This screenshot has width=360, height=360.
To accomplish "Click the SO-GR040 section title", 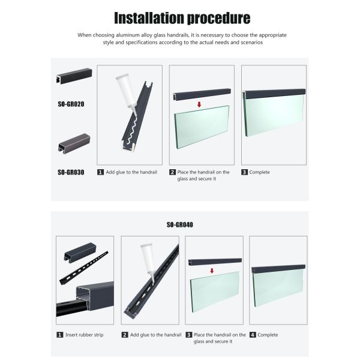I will click(180, 225).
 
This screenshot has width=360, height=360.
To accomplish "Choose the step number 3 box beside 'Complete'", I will click(245, 172).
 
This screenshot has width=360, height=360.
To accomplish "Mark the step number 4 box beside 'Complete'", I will click(253, 335).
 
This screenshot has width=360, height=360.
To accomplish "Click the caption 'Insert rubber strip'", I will click(84, 335).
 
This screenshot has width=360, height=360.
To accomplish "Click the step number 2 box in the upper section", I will click(172, 172).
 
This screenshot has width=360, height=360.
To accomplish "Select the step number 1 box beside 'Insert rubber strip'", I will click(59, 335).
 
